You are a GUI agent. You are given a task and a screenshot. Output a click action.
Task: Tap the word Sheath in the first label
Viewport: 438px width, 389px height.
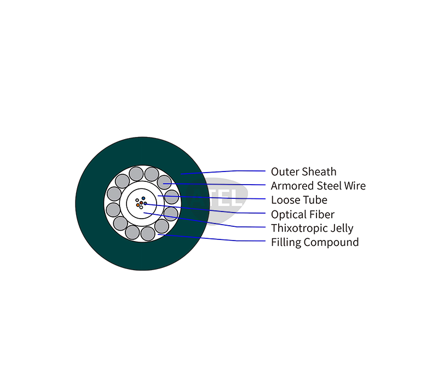(320, 172)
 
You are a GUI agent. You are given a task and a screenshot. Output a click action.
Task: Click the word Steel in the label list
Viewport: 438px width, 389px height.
(330, 186)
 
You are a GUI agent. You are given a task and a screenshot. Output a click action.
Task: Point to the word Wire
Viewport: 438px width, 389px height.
(355, 186)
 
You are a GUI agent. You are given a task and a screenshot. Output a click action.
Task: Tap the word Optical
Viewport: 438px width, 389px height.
(289, 215)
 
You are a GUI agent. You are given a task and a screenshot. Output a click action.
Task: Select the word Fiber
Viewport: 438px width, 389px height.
(322, 215)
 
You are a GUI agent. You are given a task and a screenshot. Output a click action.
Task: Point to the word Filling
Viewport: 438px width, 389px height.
(286, 242)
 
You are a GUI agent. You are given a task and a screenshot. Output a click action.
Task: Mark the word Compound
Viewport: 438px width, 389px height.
(331, 242)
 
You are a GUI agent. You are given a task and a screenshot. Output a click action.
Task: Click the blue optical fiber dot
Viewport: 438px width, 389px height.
(143, 198)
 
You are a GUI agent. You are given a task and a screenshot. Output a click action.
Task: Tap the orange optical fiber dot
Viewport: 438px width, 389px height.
(138, 205)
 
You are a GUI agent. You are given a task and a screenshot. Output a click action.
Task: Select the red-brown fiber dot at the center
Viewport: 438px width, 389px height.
(141, 203)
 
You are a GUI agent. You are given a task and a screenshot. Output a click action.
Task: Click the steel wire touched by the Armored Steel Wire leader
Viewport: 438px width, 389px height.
(164, 182)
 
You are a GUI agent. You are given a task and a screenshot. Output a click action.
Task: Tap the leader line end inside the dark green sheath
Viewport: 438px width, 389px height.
(181, 174)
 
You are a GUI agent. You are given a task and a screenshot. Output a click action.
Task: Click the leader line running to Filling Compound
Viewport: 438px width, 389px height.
(211, 238)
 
